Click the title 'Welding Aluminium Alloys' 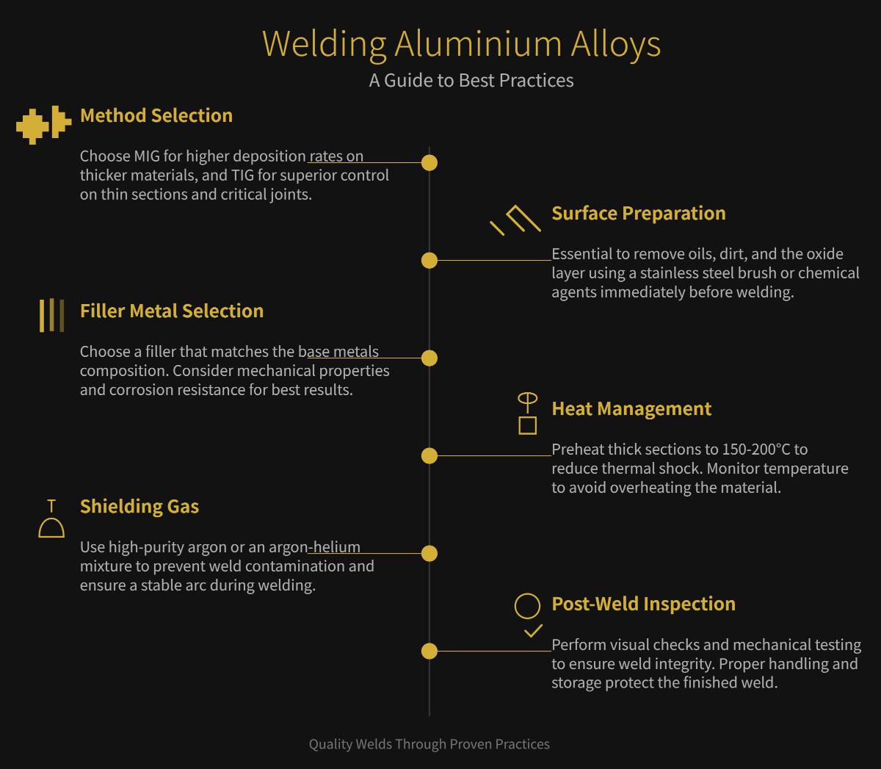[461, 43]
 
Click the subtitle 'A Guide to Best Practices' [471, 80]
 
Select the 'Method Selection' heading [156, 115]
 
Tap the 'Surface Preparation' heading [638, 213]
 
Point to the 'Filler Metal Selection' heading [171, 311]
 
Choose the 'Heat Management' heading [631, 408]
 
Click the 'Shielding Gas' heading [139, 506]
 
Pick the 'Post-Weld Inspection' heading [642, 604]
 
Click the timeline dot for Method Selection [429, 162]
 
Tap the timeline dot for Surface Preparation [429, 260]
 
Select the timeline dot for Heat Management [429, 455]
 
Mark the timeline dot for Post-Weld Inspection [429, 651]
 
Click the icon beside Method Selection [43, 126]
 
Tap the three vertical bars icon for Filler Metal [51, 315]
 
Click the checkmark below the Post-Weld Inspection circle [533, 631]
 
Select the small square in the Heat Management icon [527, 425]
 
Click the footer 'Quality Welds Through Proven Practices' [429, 744]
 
